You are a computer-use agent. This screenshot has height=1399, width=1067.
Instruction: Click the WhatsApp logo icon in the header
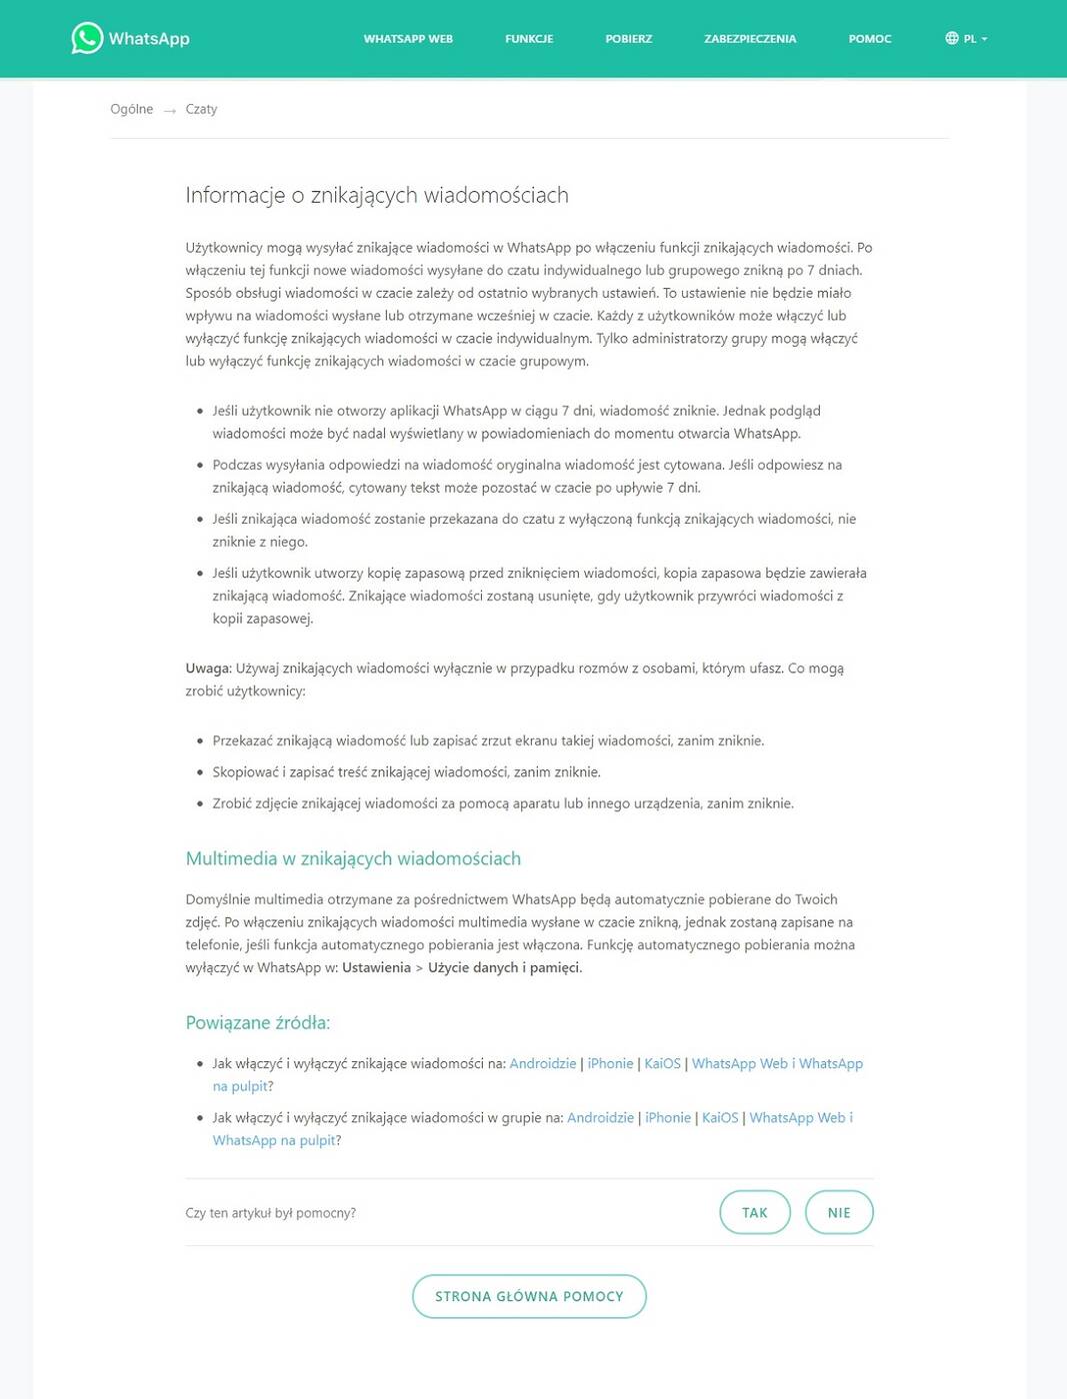coord(87,38)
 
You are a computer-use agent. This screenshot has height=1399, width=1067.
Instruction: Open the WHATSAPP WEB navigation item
coord(408,39)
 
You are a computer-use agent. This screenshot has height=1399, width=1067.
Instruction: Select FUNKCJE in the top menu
coord(529,39)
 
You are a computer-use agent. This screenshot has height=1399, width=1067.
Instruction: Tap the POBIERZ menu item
coord(628,39)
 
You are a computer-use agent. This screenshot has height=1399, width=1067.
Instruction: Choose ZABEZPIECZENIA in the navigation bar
coord(750,39)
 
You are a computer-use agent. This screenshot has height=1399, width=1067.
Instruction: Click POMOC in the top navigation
coord(869,39)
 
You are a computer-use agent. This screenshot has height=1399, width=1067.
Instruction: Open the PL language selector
coord(966,39)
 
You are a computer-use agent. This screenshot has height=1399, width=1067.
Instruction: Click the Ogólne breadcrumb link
coord(131,109)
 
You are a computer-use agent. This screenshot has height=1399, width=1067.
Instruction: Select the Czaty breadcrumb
coord(201,109)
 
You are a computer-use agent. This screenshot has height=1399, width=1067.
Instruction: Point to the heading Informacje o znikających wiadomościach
coord(377,195)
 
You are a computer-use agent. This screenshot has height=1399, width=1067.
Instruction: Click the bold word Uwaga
coord(208,669)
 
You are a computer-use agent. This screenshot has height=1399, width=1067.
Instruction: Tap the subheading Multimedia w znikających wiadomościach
coord(353,858)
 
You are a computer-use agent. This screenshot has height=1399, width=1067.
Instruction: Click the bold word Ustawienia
coord(376,967)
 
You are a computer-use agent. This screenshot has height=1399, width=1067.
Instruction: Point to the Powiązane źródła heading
coord(257,1022)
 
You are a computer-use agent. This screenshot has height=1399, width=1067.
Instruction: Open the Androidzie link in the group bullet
coord(600,1117)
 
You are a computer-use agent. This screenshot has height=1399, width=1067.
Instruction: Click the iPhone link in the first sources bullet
coord(610,1063)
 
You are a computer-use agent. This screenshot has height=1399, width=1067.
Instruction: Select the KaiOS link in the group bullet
coord(720,1117)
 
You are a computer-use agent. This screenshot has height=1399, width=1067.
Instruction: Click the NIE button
coord(839,1212)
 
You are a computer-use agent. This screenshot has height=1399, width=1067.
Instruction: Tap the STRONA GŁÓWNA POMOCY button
coord(529,1296)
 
